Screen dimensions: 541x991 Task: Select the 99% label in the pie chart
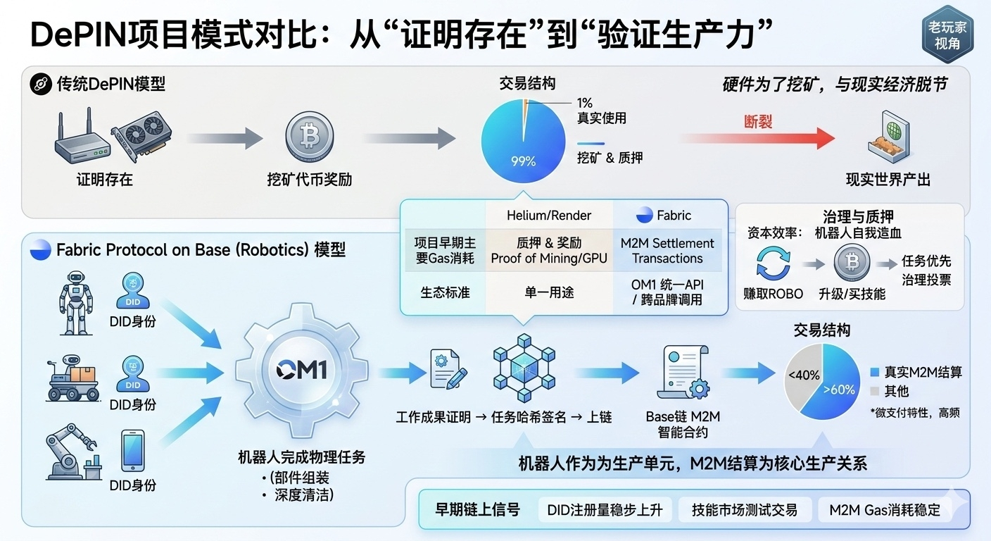(523, 161)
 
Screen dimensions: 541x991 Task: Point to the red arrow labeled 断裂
(757, 138)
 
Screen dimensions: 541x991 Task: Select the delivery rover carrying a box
(74, 380)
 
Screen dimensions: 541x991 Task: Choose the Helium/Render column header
(549, 216)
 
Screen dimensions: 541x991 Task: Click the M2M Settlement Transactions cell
(667, 251)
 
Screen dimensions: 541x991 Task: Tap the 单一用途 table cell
(549, 292)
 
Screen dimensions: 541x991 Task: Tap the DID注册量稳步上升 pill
(605, 510)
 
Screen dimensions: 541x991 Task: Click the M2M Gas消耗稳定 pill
(884, 510)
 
